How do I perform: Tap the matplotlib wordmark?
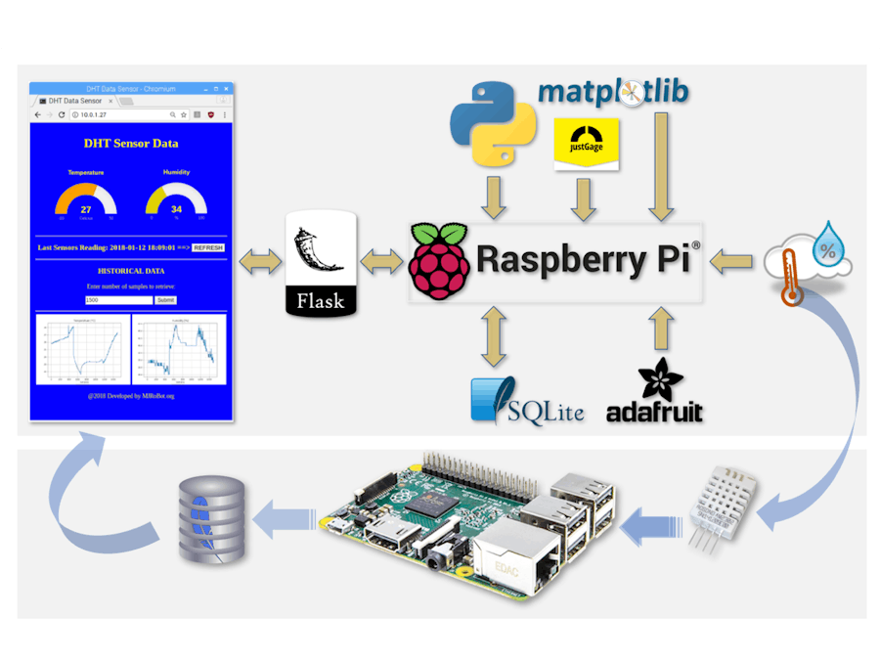tap(613, 92)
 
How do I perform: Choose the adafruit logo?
tap(654, 395)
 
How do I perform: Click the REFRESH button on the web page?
tap(208, 247)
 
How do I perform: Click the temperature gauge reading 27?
tap(86, 200)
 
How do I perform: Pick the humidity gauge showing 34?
tap(176, 200)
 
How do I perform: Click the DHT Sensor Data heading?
tap(131, 144)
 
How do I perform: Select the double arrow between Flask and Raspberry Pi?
tap(381, 261)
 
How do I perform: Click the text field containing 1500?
tap(118, 300)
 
